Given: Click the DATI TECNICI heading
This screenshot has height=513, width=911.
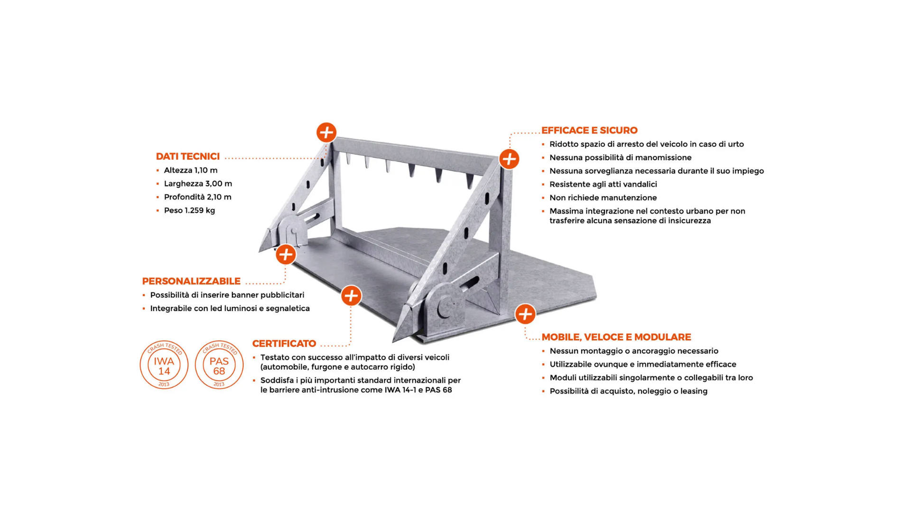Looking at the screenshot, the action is coord(188,156).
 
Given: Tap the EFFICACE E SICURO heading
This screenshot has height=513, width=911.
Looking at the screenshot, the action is coord(589,130).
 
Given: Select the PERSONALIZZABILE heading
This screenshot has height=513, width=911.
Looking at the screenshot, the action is coord(191,281).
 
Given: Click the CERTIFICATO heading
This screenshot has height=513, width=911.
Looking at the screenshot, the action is coord(284,343).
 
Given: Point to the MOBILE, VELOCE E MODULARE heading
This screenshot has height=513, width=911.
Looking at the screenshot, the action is coord(616,337).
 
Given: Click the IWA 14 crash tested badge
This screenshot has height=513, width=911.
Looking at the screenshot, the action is coord(164,365).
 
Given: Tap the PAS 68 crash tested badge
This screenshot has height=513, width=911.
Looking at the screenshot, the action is coord(219,365).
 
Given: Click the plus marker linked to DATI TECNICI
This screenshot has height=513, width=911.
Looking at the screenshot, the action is coord(326,132).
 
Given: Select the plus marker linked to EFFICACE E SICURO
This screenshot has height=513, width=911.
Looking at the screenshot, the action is coord(509,159).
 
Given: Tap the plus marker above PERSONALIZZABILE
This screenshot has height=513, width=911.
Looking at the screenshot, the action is coord(286,255).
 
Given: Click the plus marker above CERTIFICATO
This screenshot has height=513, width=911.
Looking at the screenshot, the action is coord(351,296).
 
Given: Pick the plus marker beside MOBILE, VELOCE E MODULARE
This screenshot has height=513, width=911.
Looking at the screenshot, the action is coord(525,314).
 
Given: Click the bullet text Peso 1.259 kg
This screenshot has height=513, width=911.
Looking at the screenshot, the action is coord(189,210).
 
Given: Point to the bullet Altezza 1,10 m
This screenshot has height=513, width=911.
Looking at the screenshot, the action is coord(191,170).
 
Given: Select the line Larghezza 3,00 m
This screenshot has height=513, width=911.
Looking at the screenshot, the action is coord(198,183).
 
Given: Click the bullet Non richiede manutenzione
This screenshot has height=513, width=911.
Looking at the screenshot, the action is coord(603,198).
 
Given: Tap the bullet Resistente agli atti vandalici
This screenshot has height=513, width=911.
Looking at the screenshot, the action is coord(603,184).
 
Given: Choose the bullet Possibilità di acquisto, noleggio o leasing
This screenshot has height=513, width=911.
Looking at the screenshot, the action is coord(628,391).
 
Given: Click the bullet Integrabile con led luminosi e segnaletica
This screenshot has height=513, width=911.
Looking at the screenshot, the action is coord(230,308).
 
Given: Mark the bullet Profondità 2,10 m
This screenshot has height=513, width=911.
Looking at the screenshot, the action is coord(197,197).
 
